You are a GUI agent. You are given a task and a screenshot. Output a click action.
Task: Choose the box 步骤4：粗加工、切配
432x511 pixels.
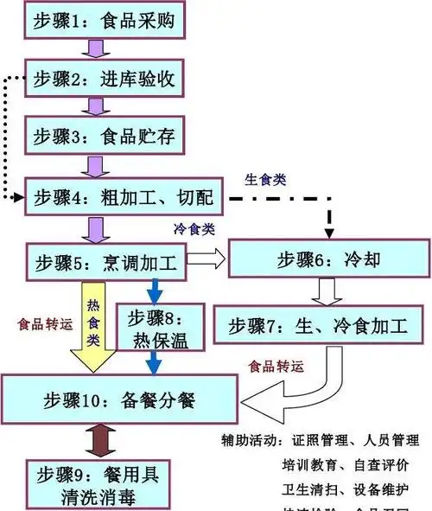coord(124,194)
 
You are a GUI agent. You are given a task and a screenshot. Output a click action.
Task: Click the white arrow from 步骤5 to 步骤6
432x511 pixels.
coord(207,258)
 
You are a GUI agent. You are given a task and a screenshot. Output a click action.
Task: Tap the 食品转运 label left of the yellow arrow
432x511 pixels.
coord(45,326)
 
